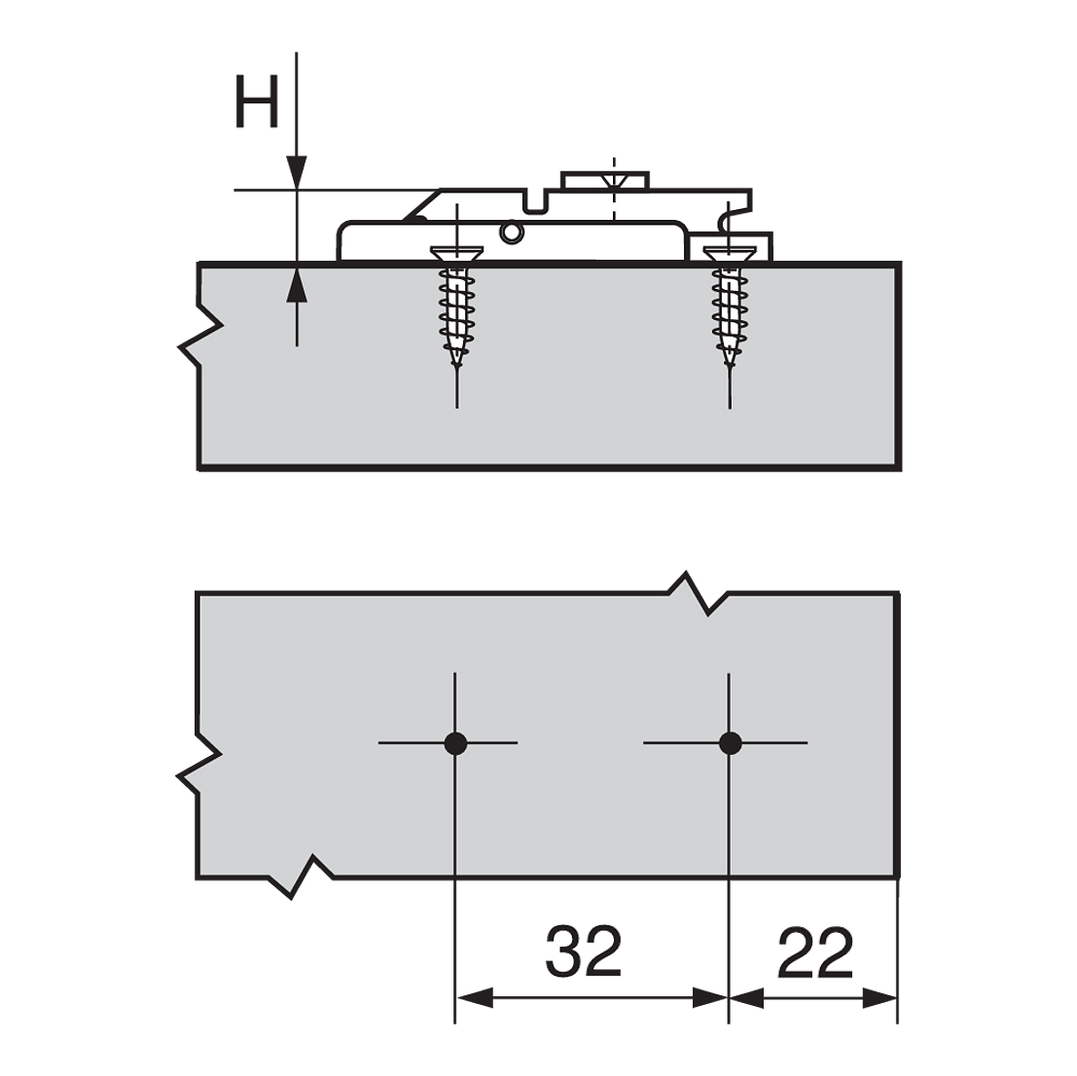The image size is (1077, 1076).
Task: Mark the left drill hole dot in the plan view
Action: (x=455, y=743)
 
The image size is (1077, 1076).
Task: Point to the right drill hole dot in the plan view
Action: (x=729, y=743)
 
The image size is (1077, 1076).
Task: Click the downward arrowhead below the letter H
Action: (x=298, y=172)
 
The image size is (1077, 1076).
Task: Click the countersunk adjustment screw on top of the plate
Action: (x=612, y=181)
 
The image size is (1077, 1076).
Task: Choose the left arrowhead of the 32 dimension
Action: (x=473, y=997)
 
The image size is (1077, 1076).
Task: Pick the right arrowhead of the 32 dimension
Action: (x=710, y=997)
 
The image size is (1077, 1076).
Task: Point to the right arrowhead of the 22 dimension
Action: (x=880, y=997)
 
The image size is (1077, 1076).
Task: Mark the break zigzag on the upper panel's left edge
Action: (x=199, y=336)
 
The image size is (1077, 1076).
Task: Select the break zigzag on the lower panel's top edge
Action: (x=699, y=593)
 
